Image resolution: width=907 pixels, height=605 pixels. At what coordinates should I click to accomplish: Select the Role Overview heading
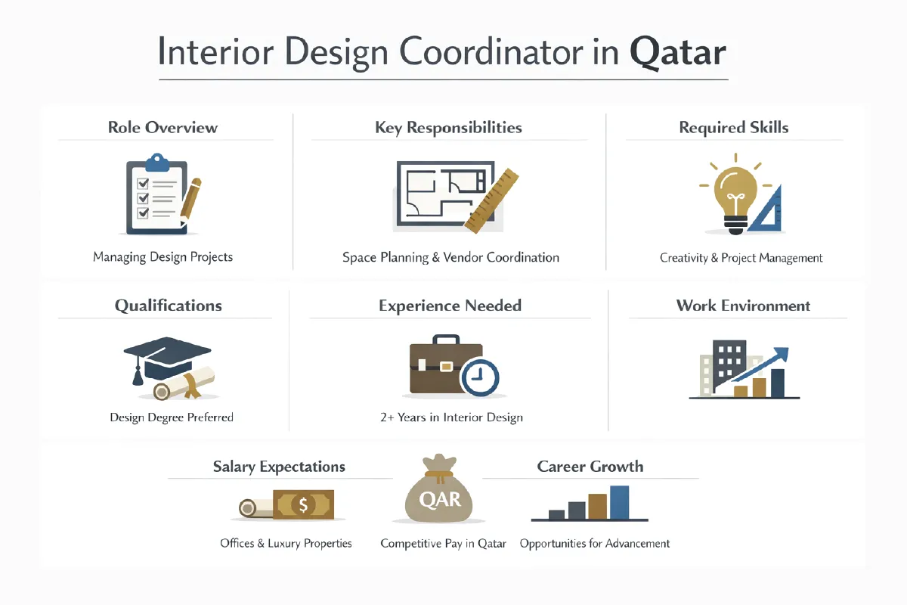[x=163, y=127]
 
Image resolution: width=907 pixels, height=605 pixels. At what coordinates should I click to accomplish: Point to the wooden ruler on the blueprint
[x=491, y=199]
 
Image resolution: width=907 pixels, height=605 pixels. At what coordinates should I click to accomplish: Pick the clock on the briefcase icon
[x=480, y=376]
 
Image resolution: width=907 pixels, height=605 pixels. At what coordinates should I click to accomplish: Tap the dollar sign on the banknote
[x=302, y=504]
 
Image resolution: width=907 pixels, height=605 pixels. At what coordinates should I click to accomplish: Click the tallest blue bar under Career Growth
[x=619, y=502]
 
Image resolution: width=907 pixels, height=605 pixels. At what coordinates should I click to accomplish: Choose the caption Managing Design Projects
[x=163, y=257]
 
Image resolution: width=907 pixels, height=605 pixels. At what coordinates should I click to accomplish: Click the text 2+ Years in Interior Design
[x=451, y=417]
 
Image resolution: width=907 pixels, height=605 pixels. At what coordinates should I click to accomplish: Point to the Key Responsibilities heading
[x=448, y=127]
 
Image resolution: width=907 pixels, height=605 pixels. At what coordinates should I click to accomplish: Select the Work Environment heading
[x=743, y=306]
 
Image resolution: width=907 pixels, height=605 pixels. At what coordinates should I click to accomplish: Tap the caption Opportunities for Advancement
[x=595, y=543]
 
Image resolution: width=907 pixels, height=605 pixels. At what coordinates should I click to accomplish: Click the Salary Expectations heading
[x=279, y=467]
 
